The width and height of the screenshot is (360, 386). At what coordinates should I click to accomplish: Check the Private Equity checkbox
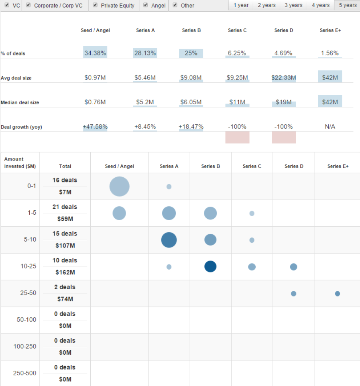click(x=96, y=5)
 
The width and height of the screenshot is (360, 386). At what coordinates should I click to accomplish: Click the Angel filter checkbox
click(x=146, y=5)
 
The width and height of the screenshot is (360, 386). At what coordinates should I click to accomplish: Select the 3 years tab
click(x=293, y=5)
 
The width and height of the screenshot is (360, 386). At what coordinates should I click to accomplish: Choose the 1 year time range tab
click(x=241, y=5)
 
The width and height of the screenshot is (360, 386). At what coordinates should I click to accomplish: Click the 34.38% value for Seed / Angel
click(x=95, y=53)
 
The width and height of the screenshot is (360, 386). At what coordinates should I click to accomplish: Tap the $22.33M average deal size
click(x=284, y=77)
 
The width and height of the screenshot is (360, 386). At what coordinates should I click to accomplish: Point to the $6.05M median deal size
click(x=191, y=102)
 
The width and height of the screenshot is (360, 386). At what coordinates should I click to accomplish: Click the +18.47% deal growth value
click(x=191, y=127)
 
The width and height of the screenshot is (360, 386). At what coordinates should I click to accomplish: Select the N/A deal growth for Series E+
click(x=330, y=127)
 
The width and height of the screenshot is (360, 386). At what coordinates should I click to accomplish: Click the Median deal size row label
click(x=20, y=103)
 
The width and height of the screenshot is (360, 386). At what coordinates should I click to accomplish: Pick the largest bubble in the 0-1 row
click(x=120, y=187)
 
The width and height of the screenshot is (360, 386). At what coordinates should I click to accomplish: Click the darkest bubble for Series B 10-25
click(x=210, y=266)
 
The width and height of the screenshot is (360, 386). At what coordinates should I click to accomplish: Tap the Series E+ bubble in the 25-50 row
click(x=338, y=294)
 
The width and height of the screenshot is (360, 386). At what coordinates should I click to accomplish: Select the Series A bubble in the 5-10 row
click(x=169, y=240)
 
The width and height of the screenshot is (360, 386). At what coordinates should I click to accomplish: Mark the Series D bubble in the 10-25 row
click(x=293, y=267)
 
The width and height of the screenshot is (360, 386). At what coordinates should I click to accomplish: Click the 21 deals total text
click(x=65, y=207)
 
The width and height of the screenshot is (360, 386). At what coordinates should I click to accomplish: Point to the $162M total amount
click(x=65, y=272)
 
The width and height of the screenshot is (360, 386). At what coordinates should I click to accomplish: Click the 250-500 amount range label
click(x=24, y=373)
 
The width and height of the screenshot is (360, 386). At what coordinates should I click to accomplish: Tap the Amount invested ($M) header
click(x=14, y=163)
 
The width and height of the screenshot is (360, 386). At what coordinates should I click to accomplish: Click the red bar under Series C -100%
click(x=237, y=137)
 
